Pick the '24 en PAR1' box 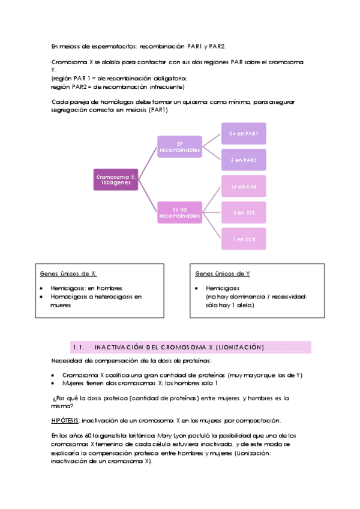(x=243, y=133)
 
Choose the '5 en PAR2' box (x=243, y=160)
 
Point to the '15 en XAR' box (x=243, y=187)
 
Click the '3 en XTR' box (x=243, y=212)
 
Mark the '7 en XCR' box (x=243, y=239)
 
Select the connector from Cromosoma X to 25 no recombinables (x=148, y=195)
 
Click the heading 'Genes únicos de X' (x=68, y=274)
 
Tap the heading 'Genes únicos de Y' (x=223, y=274)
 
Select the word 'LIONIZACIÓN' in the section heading (x=238, y=347)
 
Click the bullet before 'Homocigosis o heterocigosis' (x=40, y=297)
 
